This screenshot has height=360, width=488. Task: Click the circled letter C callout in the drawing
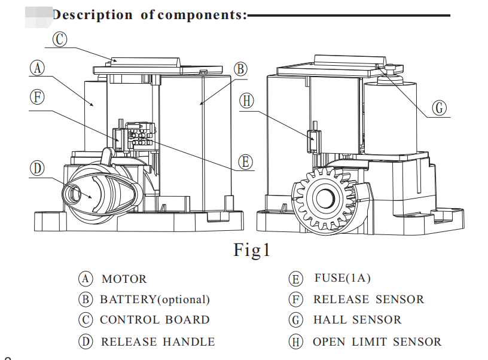point(59,39)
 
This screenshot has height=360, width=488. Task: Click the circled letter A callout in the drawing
point(37,68)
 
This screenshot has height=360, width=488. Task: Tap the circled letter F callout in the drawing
point(37,97)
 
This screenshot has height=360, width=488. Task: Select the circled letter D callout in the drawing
point(37,168)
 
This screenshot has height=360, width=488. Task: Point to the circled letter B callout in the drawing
point(240,69)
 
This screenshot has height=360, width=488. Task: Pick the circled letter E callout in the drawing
point(245,161)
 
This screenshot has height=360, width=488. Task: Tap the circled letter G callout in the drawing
point(440,108)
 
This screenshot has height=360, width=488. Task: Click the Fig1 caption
point(252,249)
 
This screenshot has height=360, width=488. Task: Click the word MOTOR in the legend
point(124,279)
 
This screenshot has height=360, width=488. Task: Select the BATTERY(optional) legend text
point(155,300)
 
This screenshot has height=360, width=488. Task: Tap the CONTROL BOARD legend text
point(155,320)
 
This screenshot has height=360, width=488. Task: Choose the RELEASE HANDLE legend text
point(158,342)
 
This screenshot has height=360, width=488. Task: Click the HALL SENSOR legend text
point(357,320)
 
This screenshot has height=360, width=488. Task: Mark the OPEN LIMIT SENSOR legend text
point(377,342)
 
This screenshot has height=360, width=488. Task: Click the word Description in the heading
point(93,14)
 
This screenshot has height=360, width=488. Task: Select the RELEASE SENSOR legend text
point(368,300)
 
